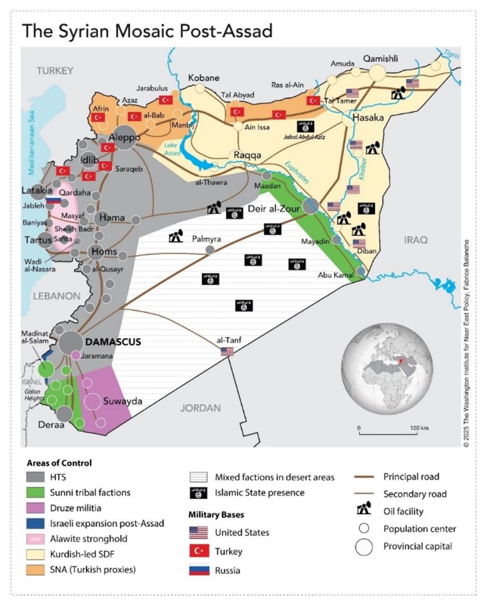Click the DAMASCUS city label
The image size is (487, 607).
pyautogui.click(x=113, y=342)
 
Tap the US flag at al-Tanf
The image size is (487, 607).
pyautogui.click(x=227, y=351)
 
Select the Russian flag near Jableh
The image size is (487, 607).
pyautogui.click(x=54, y=202)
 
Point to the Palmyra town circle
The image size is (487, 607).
pyautogui.click(x=210, y=249)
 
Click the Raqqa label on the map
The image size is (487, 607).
pyautogui.click(x=246, y=155)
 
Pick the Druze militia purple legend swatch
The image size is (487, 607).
pyautogui.click(x=35, y=508)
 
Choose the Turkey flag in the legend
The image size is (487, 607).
pyautogui.click(x=198, y=551)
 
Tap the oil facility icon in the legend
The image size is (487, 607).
pyautogui.click(x=363, y=511)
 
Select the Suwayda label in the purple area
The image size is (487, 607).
pyautogui.click(x=122, y=401)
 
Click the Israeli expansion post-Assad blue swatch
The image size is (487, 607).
pyautogui.click(x=35, y=523)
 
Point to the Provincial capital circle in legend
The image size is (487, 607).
pyautogui.click(x=364, y=547)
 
